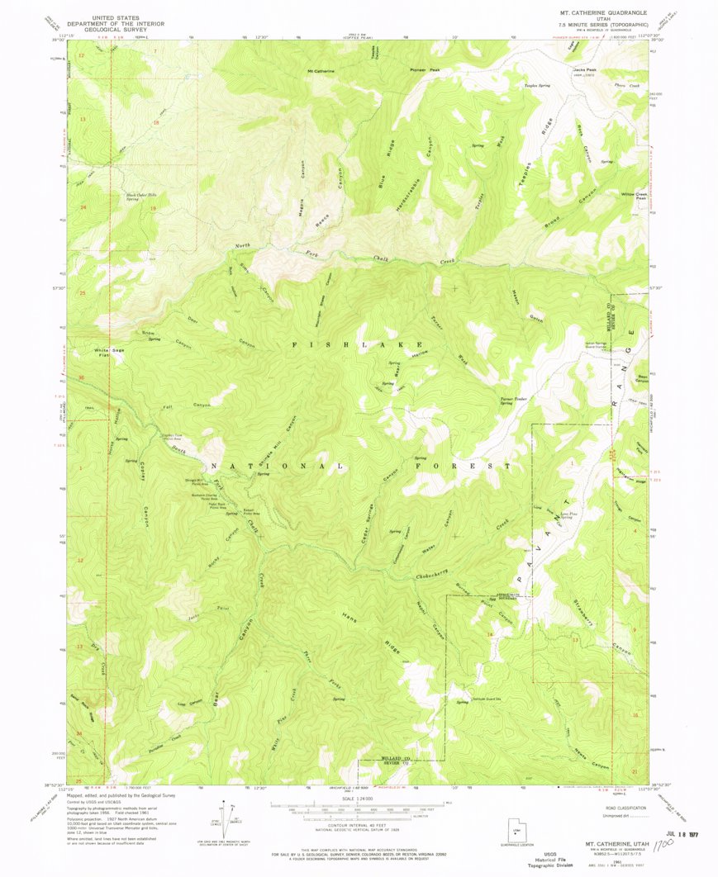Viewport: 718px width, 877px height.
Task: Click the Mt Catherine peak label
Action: [321, 71]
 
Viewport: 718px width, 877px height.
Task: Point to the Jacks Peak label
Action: [584, 70]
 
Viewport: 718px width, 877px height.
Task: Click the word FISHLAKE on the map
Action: [359, 344]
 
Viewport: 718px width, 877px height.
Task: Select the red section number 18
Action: [155, 122]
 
